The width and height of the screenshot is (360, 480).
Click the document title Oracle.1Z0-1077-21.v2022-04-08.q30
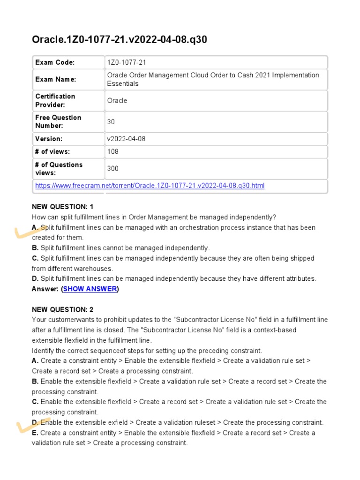(x=119, y=40)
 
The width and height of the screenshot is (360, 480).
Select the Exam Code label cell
(x=55, y=62)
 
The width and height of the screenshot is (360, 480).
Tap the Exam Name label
(x=55, y=79)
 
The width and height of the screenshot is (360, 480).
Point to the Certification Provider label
(x=55, y=100)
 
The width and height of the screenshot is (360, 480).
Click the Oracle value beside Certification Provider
(x=117, y=100)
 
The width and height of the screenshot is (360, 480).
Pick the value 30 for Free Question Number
(x=111, y=122)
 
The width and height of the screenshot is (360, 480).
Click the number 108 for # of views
(x=113, y=151)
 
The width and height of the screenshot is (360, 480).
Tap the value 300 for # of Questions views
(x=113, y=169)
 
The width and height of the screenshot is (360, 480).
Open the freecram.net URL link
(x=150, y=186)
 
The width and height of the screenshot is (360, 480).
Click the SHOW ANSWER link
(x=90, y=289)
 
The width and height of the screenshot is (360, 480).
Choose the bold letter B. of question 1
(x=35, y=247)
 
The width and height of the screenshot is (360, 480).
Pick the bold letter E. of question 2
(x=35, y=433)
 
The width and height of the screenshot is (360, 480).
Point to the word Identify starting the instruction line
(x=44, y=351)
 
